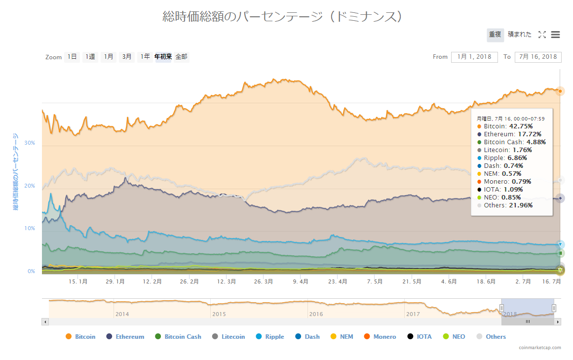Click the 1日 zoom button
coord(72,57)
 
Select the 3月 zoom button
coord(127,57)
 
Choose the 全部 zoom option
coord(181,57)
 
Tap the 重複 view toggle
coord(495,35)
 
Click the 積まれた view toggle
coord(520,35)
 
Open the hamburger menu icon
coord(555,35)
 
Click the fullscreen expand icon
coord(542,35)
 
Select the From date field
coord(474,57)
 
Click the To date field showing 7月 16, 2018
coord(538,57)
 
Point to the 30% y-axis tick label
coord(30,143)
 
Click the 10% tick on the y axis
coord(30,229)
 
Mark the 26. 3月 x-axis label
coord(263,281)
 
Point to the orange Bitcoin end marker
coord(560,91)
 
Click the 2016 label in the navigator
coord(316,314)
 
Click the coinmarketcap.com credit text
coord(539,348)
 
